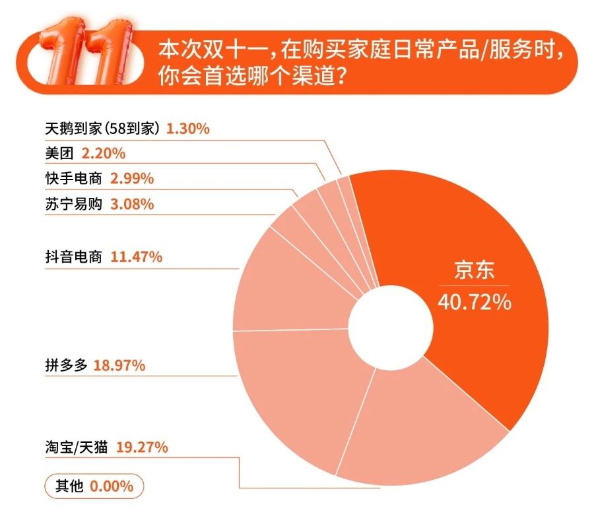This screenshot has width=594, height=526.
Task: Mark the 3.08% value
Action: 131,204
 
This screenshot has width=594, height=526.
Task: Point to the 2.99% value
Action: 131,178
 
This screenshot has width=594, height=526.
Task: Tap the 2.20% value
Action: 103,153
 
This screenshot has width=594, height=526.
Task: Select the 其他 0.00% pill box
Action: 94,487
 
